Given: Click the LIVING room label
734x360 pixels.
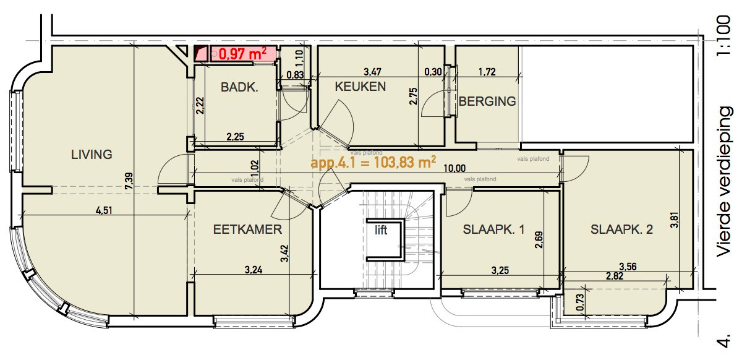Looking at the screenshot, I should (x=92, y=154).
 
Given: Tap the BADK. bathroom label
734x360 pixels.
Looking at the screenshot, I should (x=239, y=88).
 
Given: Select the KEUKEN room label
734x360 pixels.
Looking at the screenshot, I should (x=360, y=87).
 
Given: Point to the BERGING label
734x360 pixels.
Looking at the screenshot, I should (x=487, y=101).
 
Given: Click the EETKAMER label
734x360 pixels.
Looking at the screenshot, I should (x=247, y=229).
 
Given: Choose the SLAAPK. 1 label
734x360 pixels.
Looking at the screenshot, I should (x=493, y=230).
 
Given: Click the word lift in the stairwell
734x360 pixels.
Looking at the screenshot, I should (x=380, y=230).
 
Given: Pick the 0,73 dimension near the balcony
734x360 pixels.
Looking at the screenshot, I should (x=579, y=299).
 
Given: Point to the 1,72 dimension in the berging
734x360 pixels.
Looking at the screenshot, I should (x=489, y=72).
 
